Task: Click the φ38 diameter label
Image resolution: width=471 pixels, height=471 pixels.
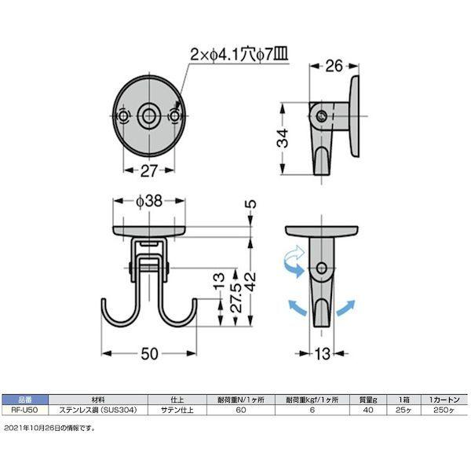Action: (148, 201)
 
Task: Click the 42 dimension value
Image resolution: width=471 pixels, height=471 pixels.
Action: (250, 281)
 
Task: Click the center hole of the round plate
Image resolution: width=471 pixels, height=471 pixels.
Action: (149, 115)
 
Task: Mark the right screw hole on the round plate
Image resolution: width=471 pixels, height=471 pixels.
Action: (174, 115)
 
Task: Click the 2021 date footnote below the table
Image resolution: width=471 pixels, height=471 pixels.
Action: (49, 428)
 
